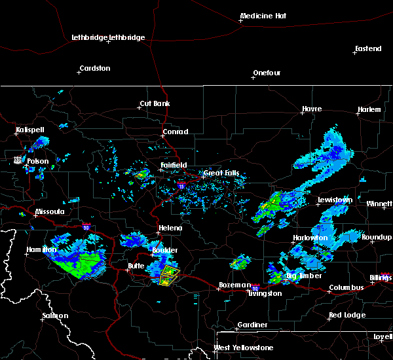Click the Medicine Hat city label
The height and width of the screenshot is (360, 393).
(265, 16)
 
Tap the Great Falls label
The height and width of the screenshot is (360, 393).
(221, 173)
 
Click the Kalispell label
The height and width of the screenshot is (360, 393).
(29, 130)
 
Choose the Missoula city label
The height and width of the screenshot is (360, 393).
(50, 212)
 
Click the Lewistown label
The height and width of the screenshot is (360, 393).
(335, 200)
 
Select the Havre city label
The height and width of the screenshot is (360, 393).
(311, 109)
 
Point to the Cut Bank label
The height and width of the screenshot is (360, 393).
(155, 104)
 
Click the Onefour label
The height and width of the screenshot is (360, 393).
(267, 73)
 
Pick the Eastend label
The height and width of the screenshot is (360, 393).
(367, 49)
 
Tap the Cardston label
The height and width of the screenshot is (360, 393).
(94, 68)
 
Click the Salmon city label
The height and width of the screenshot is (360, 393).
(55, 315)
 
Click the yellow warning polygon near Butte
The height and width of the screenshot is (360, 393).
(169, 275)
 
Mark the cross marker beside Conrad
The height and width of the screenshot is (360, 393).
(164, 137)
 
